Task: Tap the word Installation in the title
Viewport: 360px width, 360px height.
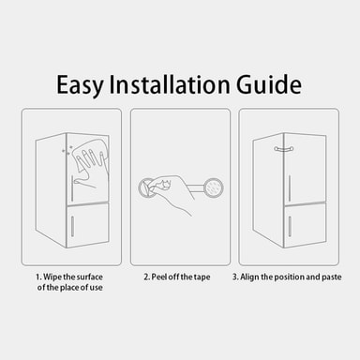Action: (x=169, y=83)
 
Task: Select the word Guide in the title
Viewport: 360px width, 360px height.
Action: (x=268, y=83)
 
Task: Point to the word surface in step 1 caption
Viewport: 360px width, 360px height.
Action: (x=90, y=277)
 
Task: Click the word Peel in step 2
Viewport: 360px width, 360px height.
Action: (x=159, y=277)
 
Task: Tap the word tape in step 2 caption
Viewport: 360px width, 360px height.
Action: (x=202, y=277)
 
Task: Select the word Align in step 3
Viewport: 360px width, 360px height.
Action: (x=249, y=277)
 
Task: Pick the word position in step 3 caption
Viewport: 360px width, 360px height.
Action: (x=286, y=277)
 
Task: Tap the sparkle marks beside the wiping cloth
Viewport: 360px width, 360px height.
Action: (x=67, y=149)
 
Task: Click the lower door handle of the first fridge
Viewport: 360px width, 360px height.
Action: (x=72, y=226)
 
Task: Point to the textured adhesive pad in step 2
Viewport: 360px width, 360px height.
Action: (x=214, y=187)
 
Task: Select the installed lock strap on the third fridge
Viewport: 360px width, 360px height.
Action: (x=285, y=149)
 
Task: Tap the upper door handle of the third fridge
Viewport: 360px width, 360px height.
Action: (x=290, y=188)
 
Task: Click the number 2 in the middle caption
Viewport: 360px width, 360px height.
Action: (x=146, y=277)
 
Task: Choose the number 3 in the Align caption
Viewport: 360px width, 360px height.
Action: (x=235, y=277)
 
